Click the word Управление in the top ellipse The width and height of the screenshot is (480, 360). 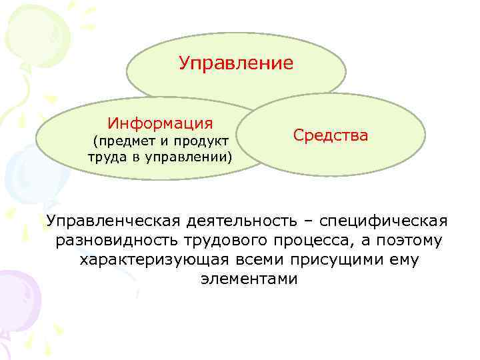tap(236, 63)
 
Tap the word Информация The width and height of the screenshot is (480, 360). tap(161, 123)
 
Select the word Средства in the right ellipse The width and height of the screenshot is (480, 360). tap(330, 135)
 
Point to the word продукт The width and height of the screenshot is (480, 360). tap(201, 141)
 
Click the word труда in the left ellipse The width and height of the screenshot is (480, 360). tap(105, 157)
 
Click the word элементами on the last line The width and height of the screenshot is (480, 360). tap(248, 279)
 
